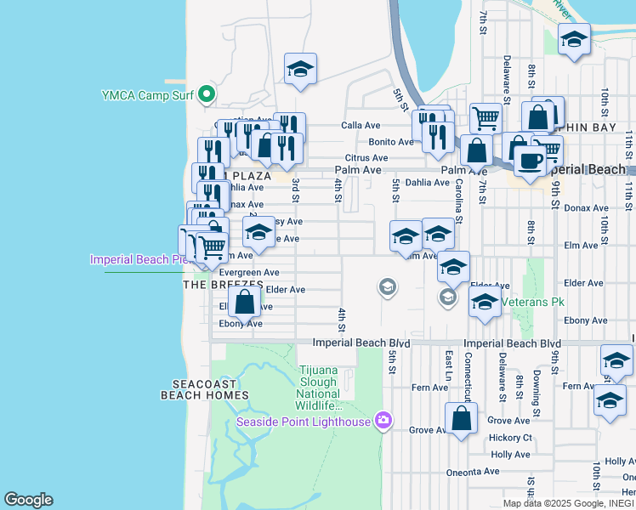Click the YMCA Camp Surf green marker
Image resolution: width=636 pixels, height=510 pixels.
pos(206,94)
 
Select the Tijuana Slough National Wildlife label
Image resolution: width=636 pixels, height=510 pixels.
pos(319,388)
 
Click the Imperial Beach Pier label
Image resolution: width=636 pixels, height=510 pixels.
pos(136,259)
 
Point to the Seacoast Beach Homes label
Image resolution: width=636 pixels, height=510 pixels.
pos(204,389)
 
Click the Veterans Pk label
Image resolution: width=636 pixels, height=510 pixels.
pos(532,302)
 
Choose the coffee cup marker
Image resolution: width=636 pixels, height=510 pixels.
pos(530,160)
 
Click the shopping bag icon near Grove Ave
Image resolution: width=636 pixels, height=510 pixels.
pos(461,418)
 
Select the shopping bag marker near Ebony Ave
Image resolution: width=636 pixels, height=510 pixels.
pos(244,301)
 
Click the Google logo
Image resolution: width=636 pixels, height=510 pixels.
pos(28,500)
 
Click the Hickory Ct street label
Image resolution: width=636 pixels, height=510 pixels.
pos(510,438)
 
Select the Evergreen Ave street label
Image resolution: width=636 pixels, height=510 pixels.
pos(248,272)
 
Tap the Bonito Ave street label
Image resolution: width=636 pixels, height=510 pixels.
pos(390,142)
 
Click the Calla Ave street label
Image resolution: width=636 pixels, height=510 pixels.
pos(361,125)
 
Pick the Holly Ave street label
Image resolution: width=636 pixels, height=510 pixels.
pos(511,455)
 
